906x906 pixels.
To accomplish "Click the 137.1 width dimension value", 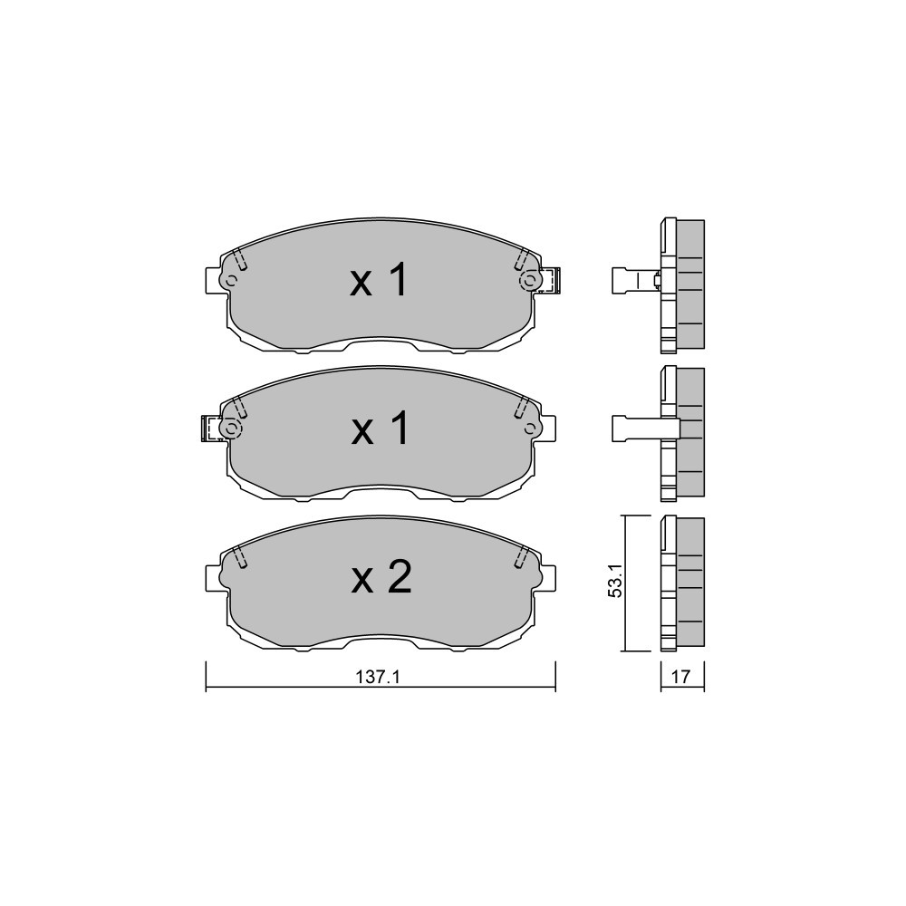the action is [x=378, y=677].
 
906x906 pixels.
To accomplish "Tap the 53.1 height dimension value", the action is [x=616, y=583].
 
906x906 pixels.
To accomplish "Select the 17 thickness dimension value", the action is [x=681, y=677].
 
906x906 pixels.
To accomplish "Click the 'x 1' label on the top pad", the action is [x=379, y=281].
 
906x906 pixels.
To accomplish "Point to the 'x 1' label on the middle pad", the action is [x=381, y=429].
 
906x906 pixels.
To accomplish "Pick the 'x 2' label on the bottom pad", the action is [x=381, y=578].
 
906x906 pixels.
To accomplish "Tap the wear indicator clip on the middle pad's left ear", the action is [x=211, y=429].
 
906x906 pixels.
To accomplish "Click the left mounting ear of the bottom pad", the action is [x=214, y=578].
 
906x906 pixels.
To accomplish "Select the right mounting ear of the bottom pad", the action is [x=547, y=578].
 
